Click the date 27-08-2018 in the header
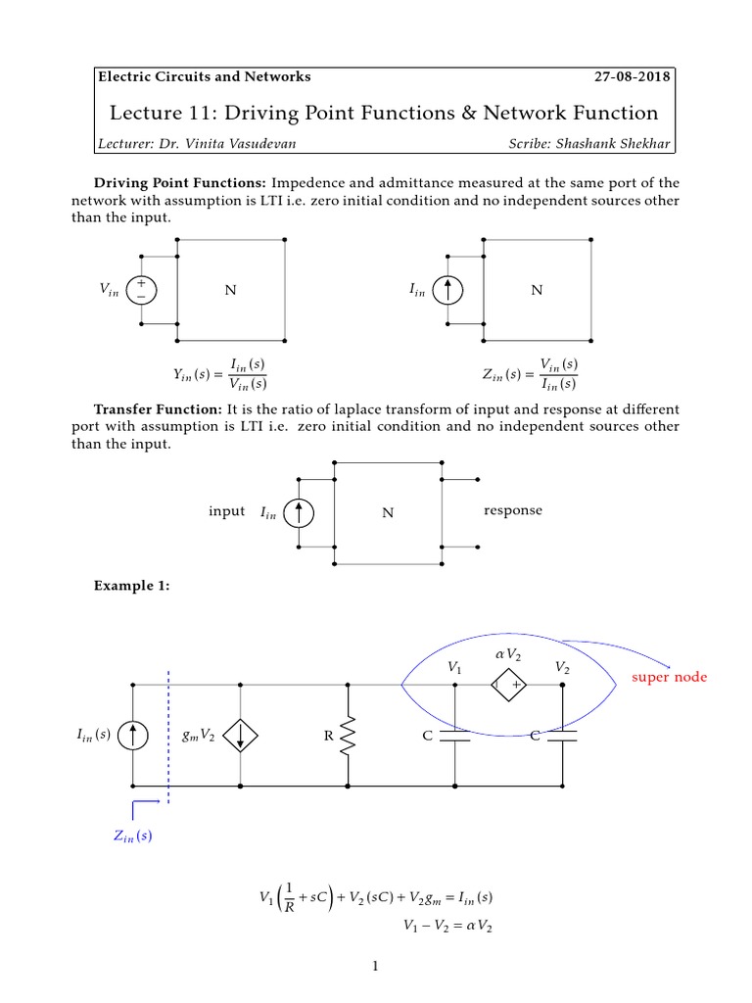pyautogui.click(x=634, y=76)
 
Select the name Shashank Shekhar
pyautogui.click(x=614, y=144)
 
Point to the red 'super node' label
pyautogui.click(x=668, y=678)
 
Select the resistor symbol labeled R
pyautogui.click(x=349, y=736)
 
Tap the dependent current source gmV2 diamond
pyautogui.click(x=241, y=736)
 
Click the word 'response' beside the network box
pyautogui.click(x=512, y=510)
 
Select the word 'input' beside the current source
pyautogui.click(x=226, y=511)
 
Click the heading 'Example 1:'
pyautogui.click(x=131, y=586)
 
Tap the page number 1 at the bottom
pyautogui.click(x=375, y=967)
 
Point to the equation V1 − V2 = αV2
pyautogui.click(x=446, y=925)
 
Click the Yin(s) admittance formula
pyautogui.click(x=219, y=373)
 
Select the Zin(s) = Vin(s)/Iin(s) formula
pyautogui.click(x=530, y=373)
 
